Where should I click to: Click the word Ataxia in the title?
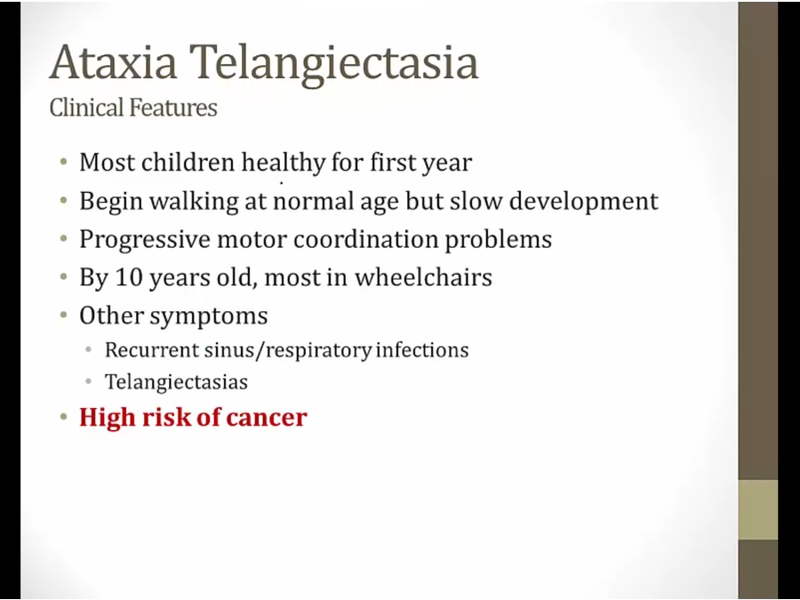113,62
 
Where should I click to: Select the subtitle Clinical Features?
133,108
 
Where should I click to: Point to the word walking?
194,202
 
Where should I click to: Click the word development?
584,202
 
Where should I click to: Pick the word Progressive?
144,240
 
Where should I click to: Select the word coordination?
365,239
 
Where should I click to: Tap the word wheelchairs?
423,277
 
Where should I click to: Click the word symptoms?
209,316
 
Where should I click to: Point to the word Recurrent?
151,350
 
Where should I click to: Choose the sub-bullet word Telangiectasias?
176,382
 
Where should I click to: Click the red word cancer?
267,418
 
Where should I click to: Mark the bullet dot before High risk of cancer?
63,417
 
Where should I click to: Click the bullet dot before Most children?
63,163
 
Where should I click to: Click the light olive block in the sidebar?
758,509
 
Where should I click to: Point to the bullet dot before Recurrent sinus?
89,350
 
